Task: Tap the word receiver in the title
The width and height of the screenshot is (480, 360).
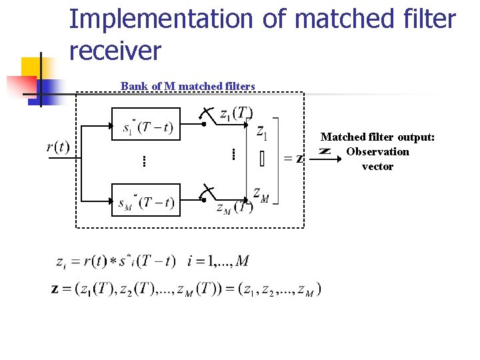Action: coord(115,51)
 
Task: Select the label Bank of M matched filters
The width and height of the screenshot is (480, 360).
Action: coord(188,86)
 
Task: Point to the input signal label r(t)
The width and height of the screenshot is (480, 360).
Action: coord(58,147)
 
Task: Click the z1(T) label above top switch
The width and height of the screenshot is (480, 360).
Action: coord(235,113)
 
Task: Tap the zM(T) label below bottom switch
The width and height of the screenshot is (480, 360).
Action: coord(234,208)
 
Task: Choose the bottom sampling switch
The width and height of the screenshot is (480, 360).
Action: coord(207,193)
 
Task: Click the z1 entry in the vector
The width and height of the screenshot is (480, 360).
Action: coord(262,132)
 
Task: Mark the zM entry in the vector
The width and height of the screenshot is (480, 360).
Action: coord(261,194)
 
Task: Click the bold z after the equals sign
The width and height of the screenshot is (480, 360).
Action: coord(299,159)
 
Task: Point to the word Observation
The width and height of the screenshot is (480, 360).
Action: coord(377,151)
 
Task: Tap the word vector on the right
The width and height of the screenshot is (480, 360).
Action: coord(377,166)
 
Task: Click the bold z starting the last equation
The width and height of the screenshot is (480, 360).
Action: coord(55,289)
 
